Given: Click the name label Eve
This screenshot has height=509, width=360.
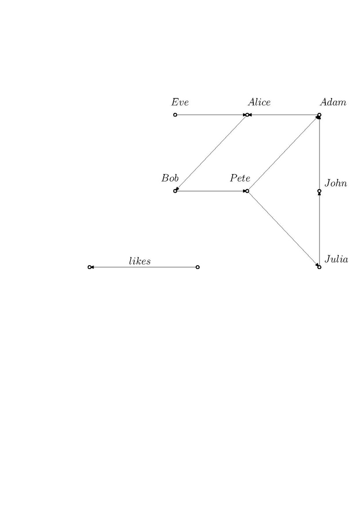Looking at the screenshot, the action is (180, 102).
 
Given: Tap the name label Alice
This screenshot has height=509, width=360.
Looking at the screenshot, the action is (259, 102).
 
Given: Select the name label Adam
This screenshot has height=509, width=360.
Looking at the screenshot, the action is (333, 102).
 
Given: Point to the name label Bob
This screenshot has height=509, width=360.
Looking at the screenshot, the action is (170, 178).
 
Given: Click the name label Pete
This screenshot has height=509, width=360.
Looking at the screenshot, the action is (240, 178).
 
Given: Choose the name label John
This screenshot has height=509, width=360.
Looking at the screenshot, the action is (336, 183).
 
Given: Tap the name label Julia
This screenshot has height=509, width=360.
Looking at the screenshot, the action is (336, 259).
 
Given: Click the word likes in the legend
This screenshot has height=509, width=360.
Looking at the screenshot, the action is (140, 261).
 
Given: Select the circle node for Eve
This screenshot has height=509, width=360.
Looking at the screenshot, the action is (175, 115).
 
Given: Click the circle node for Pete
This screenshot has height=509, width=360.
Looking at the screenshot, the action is (247, 191).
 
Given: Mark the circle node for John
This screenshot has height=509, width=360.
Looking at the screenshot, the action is (319, 191).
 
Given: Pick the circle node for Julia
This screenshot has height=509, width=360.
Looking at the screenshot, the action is (319, 267).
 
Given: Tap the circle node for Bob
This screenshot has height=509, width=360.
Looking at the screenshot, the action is (175, 191).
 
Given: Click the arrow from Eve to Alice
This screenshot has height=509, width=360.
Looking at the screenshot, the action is (211, 115).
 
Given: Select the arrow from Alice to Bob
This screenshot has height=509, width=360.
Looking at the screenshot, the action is (211, 153).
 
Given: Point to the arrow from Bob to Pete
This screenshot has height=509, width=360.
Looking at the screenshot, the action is (211, 191).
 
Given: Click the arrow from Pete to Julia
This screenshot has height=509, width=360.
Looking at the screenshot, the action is (283, 229).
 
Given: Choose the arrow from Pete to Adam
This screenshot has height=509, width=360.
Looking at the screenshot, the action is (283, 153).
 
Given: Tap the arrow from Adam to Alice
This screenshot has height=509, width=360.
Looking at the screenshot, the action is (283, 115).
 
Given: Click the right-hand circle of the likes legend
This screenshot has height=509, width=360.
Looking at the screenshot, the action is (198, 267).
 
